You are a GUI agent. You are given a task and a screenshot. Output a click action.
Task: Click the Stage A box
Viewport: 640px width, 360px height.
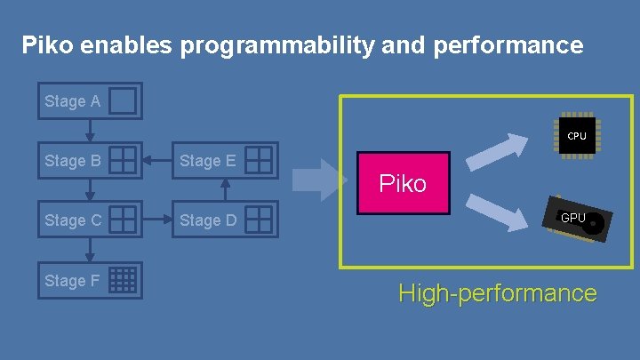[89, 101]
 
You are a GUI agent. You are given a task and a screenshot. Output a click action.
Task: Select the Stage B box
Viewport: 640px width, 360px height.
[89, 161]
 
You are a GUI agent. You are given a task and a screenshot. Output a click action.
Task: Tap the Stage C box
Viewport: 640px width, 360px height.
[89, 220]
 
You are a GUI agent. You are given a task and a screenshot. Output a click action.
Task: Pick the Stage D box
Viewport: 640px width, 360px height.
[225, 220]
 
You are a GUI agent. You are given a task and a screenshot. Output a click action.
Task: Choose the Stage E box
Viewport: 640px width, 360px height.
[225, 161]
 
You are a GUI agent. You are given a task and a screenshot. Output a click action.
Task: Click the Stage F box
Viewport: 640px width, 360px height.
[89, 281]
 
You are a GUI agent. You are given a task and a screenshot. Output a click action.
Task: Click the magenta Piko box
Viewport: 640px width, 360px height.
[404, 184]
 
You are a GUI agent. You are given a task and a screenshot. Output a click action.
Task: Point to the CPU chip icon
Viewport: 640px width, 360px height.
[577, 136]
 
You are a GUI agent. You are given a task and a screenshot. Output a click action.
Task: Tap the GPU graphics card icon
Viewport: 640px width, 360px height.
[578, 220]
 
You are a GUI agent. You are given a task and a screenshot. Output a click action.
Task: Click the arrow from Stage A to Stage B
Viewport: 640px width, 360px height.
[90, 130]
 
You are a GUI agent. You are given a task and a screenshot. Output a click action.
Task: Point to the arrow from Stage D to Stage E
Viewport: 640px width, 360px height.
[225, 191]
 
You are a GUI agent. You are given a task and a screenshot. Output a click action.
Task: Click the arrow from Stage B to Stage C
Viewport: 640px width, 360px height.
[90, 190]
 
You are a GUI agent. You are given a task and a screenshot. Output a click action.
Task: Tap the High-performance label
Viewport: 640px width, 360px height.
[497, 292]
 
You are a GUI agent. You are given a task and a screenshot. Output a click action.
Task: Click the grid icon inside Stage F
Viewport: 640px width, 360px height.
[123, 281]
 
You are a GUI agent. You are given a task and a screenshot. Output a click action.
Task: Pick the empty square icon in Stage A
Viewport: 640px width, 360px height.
[123, 101]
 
